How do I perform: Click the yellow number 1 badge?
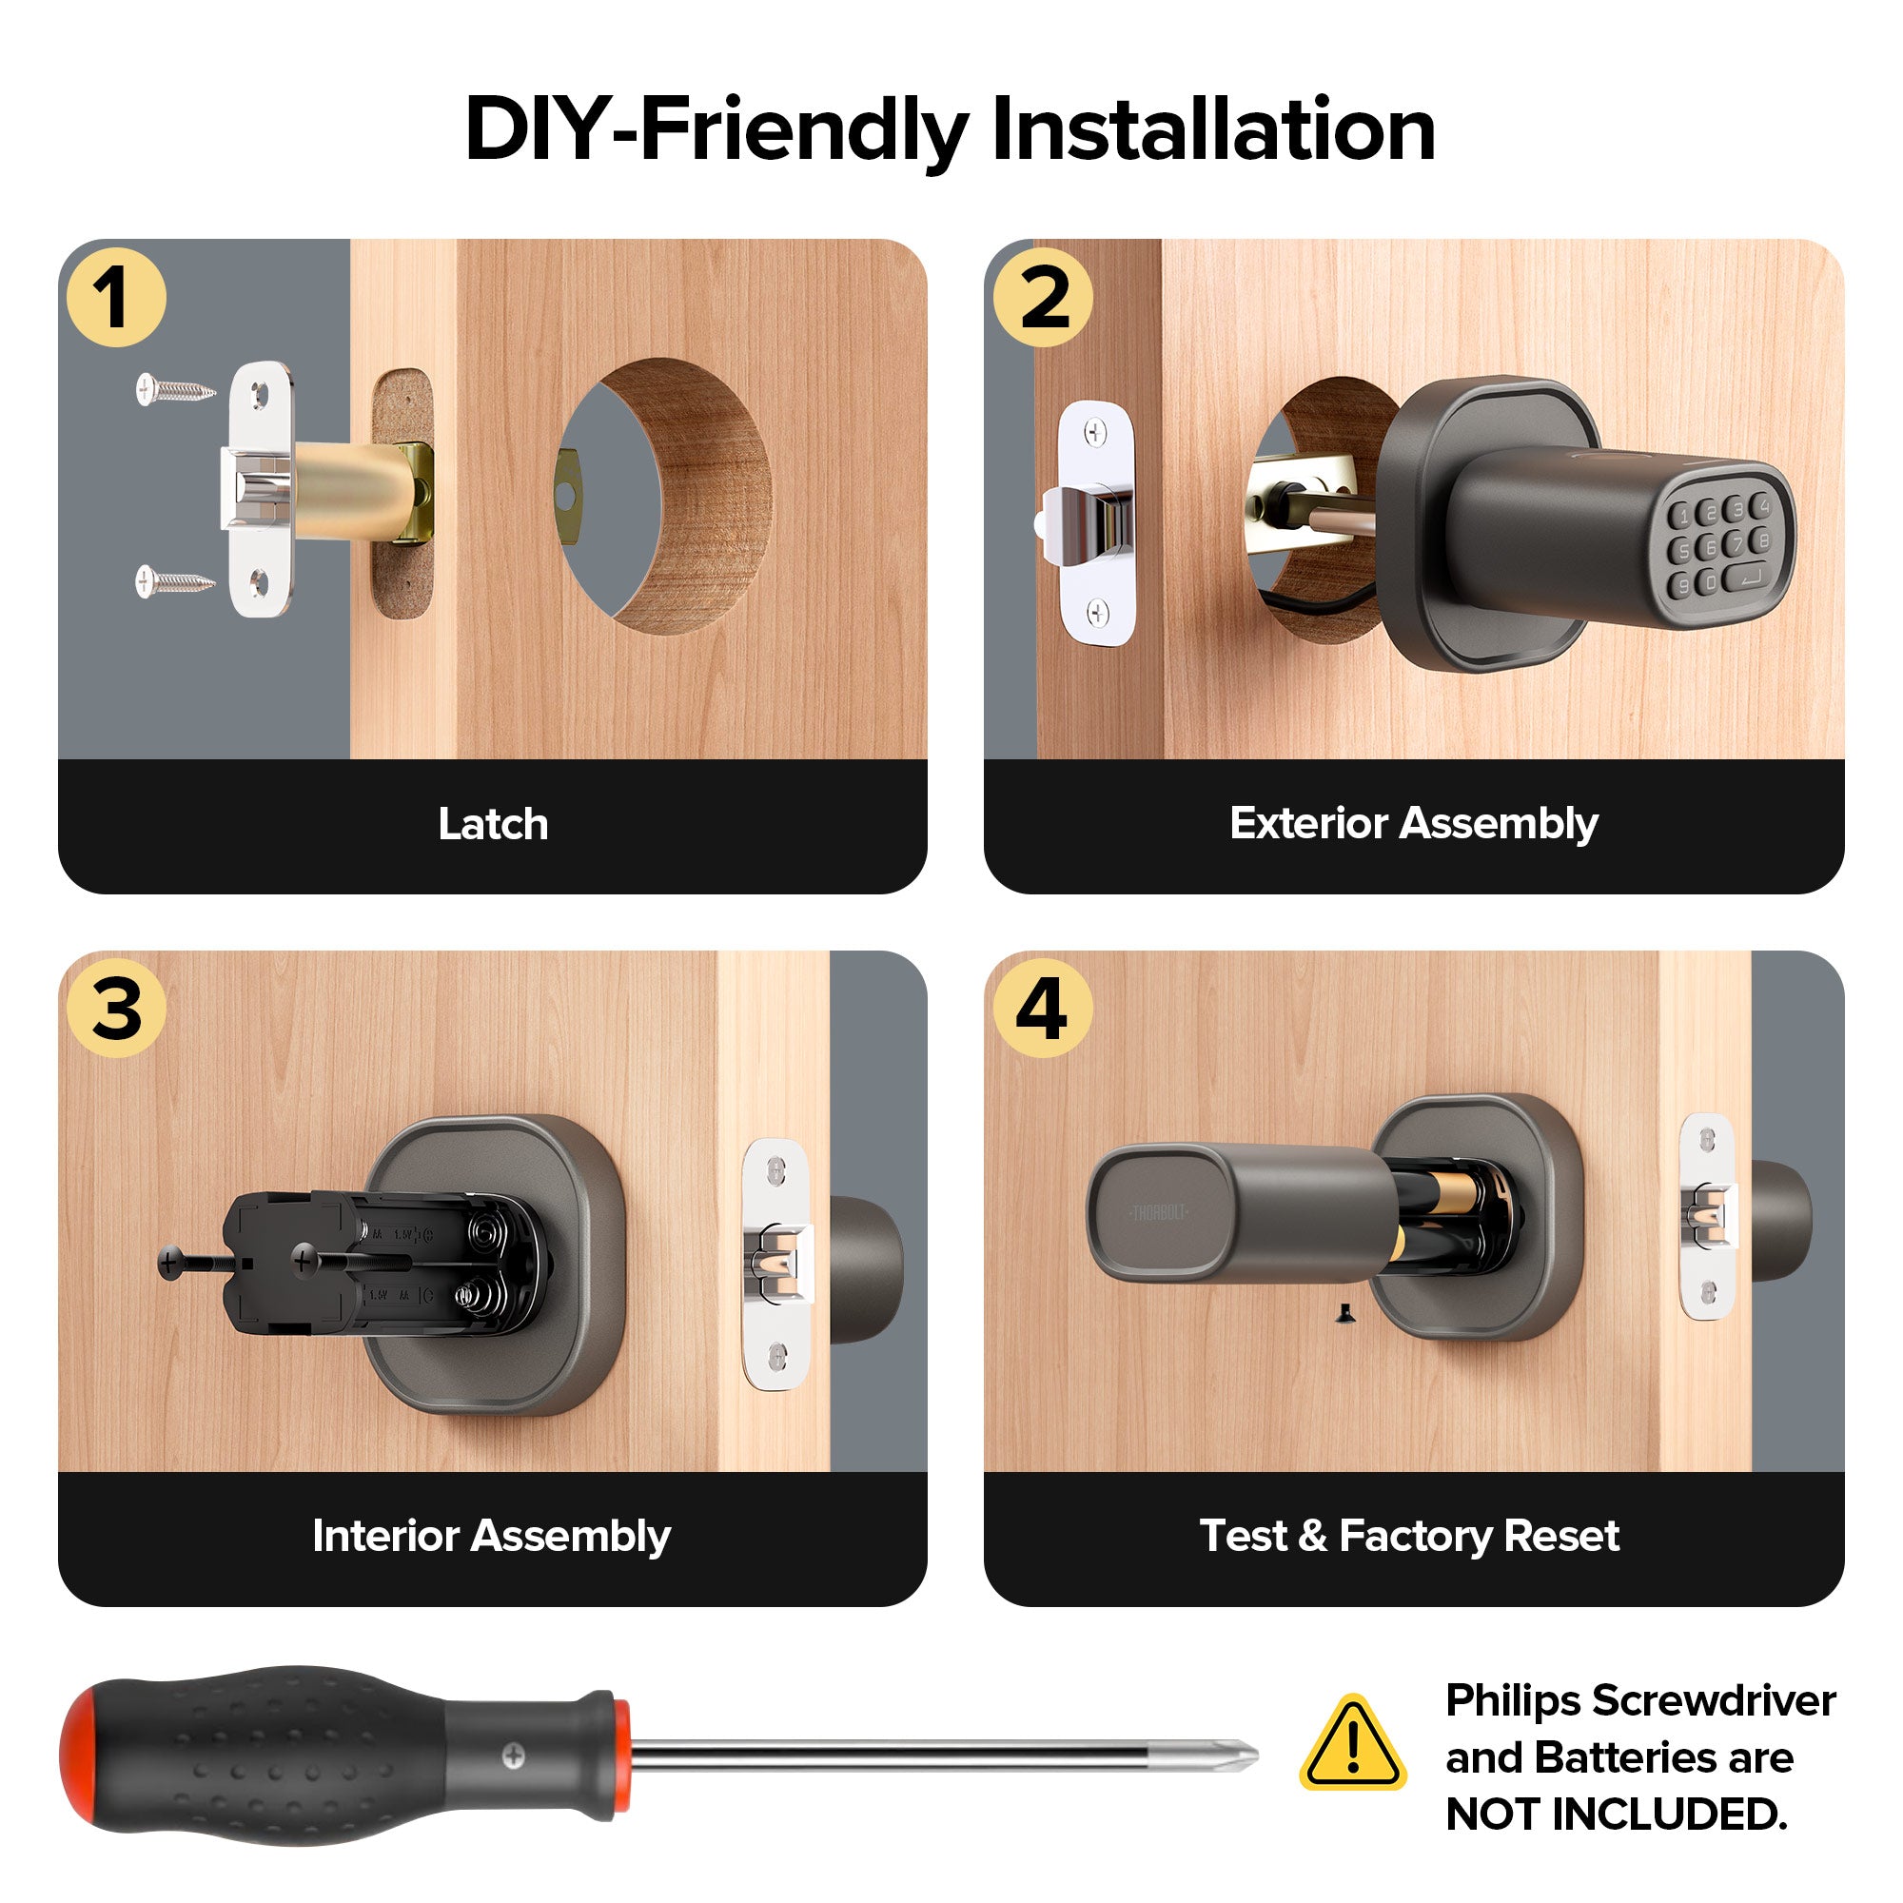tap(116, 298)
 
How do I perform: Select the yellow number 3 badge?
tap(116, 1009)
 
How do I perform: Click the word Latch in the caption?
tap(493, 823)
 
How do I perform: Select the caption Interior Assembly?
tap(492, 1536)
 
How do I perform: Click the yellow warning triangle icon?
tap(1352, 1745)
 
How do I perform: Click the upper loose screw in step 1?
tap(175, 390)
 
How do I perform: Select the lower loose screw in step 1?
tap(175, 581)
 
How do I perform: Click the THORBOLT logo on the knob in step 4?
tap(1158, 1212)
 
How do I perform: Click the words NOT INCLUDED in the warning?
tap(1616, 1815)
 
